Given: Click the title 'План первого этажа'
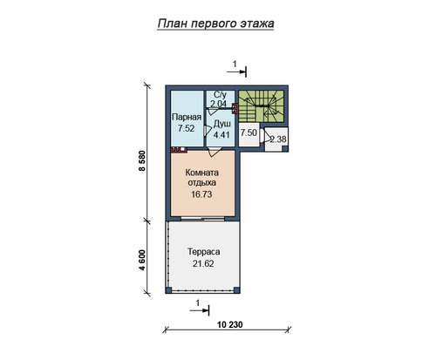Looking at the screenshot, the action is [x=215, y=24].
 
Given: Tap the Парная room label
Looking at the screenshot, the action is [x=187, y=117].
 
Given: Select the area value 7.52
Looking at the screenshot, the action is [x=187, y=128].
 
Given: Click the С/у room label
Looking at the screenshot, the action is [x=220, y=95].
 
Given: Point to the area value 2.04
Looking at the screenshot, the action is [x=219, y=104].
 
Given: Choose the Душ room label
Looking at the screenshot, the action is [x=222, y=124].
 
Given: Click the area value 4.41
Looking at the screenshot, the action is [x=221, y=135].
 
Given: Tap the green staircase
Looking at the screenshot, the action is [x=261, y=105].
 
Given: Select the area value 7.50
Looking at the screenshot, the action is [x=249, y=132].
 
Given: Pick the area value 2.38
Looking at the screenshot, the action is [x=278, y=139].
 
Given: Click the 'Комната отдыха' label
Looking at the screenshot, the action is [x=202, y=178].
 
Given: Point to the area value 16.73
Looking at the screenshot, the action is [x=201, y=194].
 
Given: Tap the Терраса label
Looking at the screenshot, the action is [x=203, y=252].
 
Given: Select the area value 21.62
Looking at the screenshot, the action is [x=203, y=263].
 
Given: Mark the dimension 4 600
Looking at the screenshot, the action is [x=142, y=260].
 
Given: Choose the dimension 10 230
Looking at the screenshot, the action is [x=229, y=324].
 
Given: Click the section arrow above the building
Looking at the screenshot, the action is [x=237, y=71].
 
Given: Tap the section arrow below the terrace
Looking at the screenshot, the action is [x=200, y=310].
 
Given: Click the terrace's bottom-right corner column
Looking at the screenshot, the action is [x=237, y=290].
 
